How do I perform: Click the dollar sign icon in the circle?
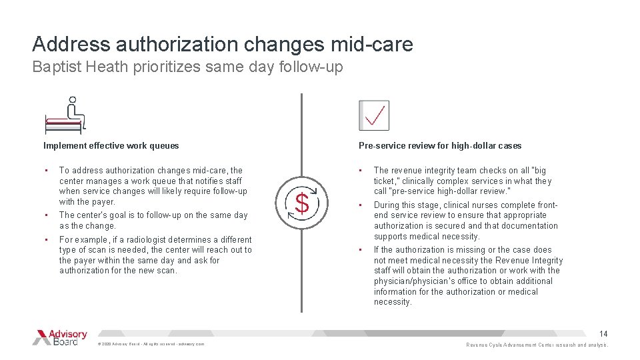point(301,203)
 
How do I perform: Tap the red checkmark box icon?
point(373,115)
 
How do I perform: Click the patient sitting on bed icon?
point(65,117)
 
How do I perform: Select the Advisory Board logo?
point(60,337)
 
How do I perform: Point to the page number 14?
point(603,333)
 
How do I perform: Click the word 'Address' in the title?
point(71,44)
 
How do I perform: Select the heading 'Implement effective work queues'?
point(111,145)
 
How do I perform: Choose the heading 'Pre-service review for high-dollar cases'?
point(440,145)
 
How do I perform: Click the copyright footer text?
point(151,344)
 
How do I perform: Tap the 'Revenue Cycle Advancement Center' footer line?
point(537,345)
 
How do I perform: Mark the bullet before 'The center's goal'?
point(46,215)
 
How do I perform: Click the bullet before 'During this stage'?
point(361,205)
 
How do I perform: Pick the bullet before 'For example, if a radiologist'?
point(46,239)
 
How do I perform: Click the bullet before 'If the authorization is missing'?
point(361,250)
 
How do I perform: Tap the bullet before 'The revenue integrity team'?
point(361,171)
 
